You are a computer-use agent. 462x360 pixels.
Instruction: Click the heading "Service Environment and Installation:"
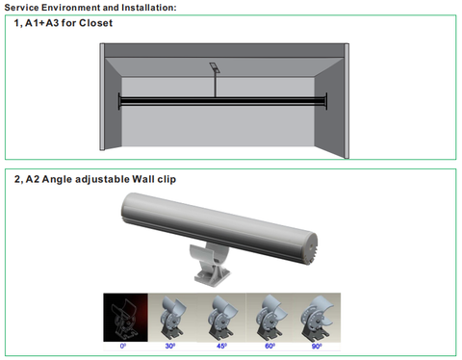(x=90, y=8)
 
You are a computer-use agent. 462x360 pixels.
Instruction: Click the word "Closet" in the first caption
(x=95, y=23)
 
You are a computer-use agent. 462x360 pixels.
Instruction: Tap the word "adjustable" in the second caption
(x=102, y=179)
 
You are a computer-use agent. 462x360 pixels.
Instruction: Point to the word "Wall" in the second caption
(x=143, y=179)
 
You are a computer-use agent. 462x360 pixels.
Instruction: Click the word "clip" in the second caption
(x=167, y=179)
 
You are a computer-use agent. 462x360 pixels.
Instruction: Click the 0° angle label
(x=123, y=347)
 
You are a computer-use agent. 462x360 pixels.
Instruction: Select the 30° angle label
(x=170, y=347)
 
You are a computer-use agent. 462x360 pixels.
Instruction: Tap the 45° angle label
(x=221, y=347)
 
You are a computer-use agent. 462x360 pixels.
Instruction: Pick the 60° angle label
(x=269, y=347)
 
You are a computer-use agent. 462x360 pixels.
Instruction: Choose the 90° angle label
(x=317, y=347)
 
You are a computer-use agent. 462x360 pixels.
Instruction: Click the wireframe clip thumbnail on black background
(x=125, y=318)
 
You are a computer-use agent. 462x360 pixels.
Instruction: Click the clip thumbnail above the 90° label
(x=317, y=318)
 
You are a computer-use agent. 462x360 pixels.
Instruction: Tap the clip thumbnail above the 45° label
(x=221, y=318)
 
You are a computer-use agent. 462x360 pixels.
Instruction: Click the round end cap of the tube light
(x=309, y=247)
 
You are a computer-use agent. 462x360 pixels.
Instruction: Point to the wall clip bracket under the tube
(x=210, y=264)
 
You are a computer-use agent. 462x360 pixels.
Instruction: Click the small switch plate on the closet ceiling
(x=214, y=66)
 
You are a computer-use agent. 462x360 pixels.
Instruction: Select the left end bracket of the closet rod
(x=119, y=101)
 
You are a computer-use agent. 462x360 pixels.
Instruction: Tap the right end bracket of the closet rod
(x=326, y=101)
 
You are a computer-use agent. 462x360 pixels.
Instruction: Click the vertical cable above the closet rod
(x=215, y=84)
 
